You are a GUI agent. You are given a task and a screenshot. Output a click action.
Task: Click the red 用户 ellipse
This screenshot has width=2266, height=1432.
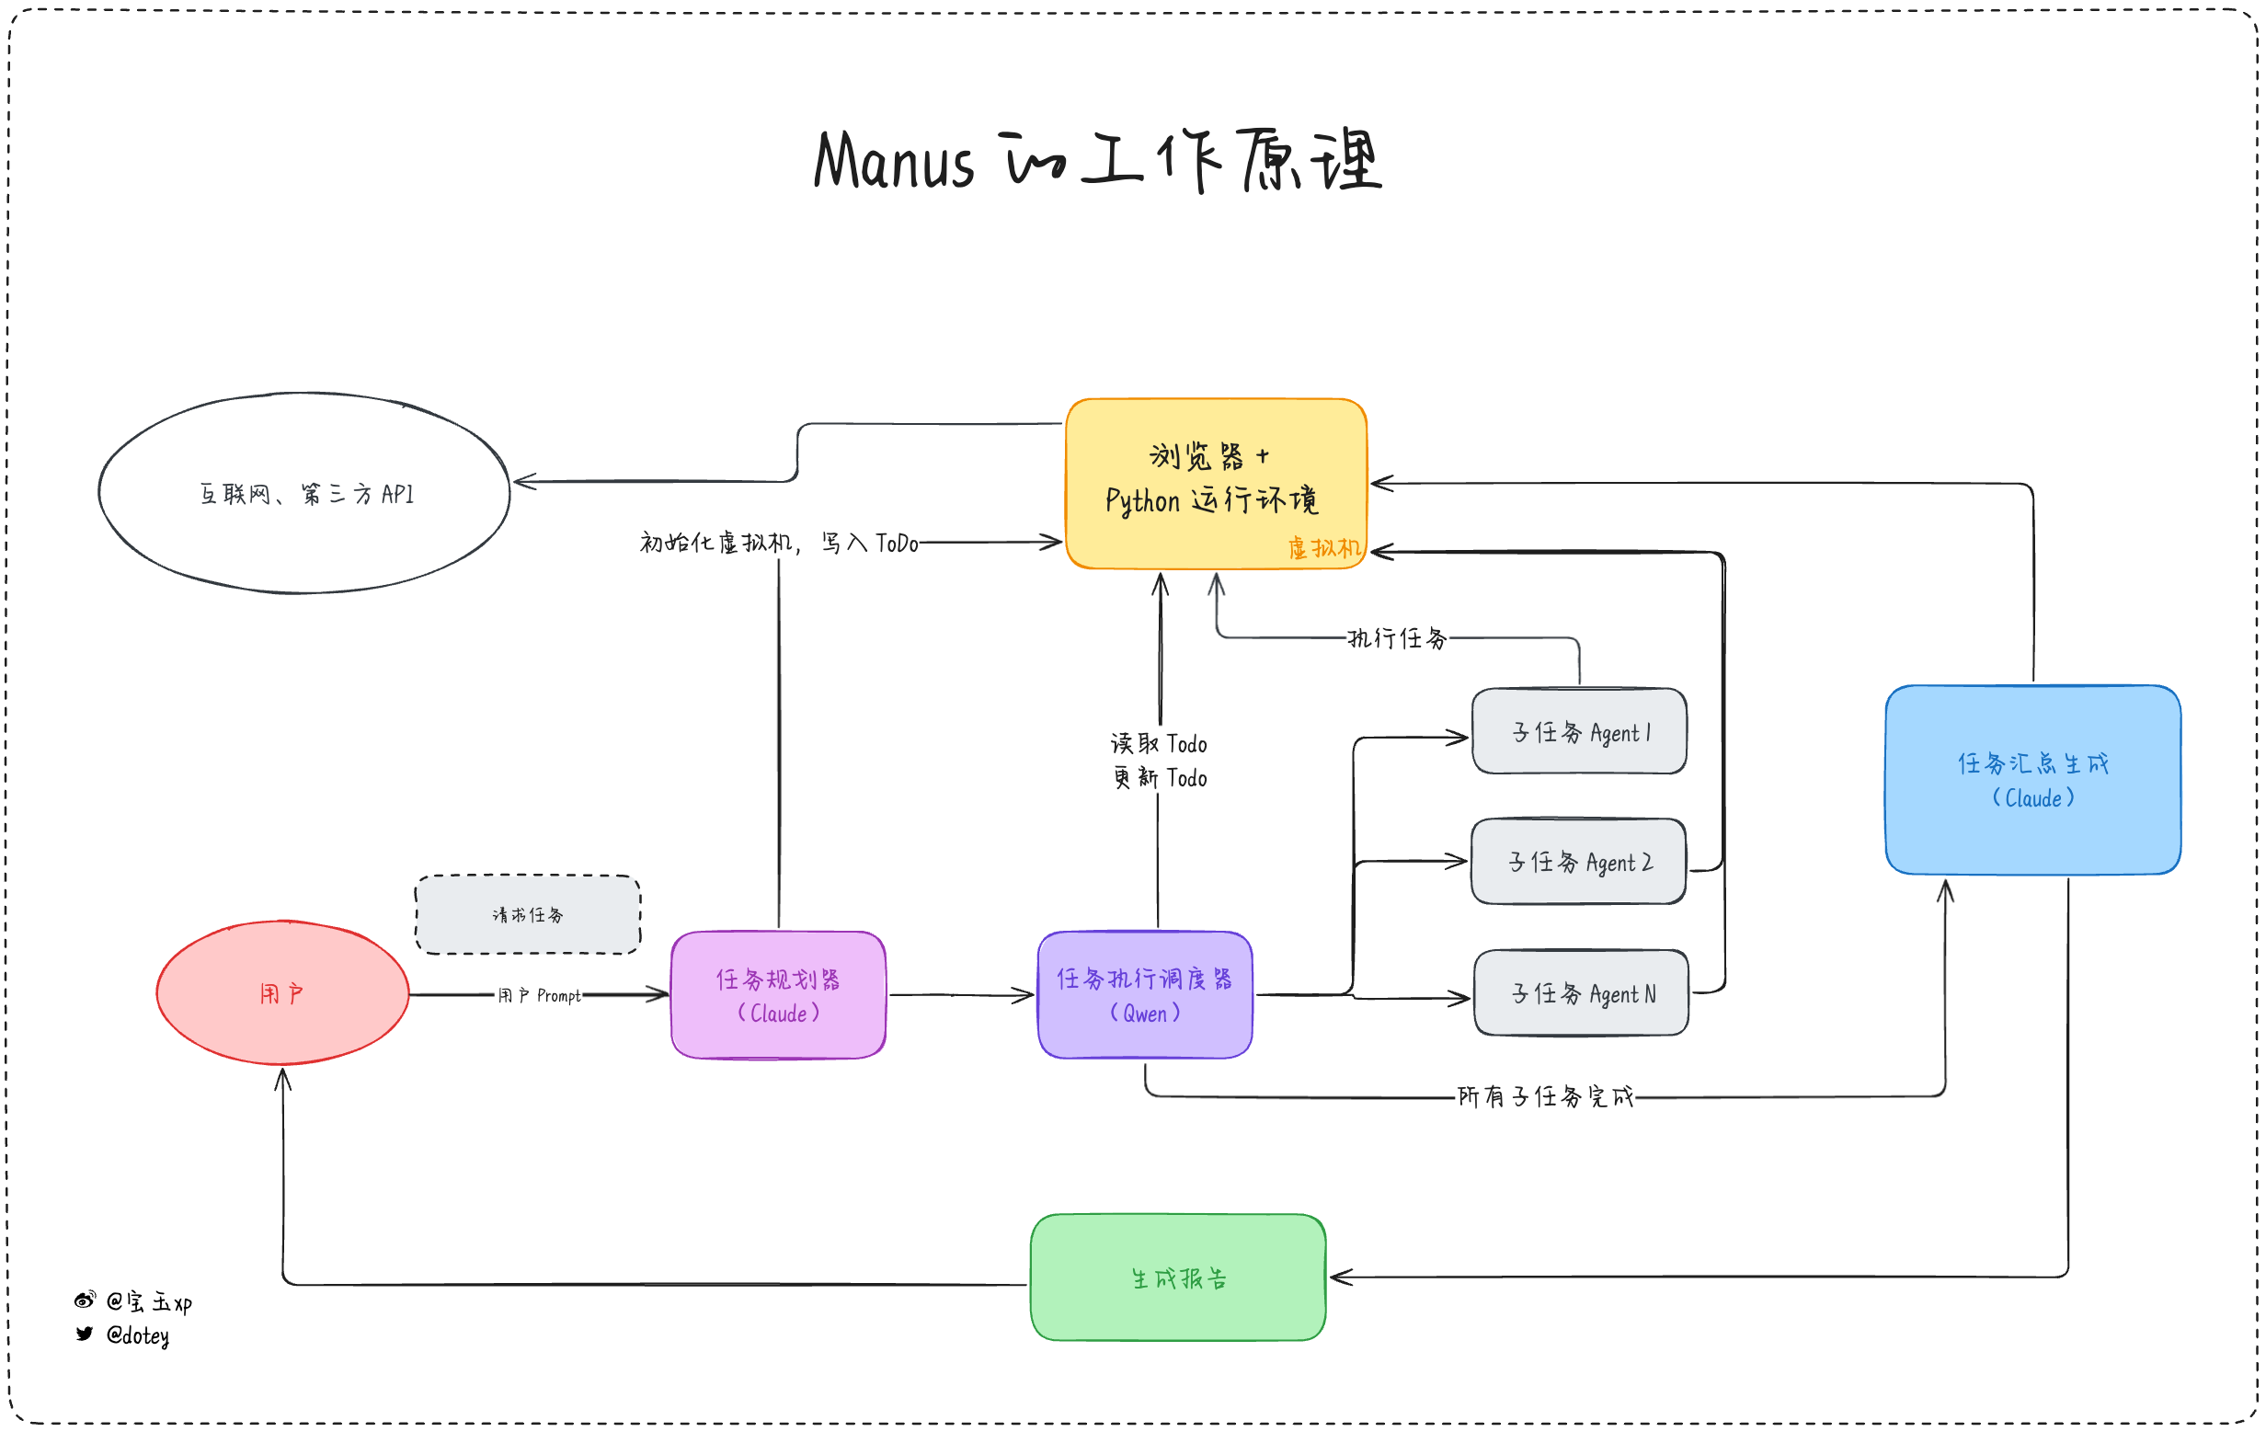(x=282, y=992)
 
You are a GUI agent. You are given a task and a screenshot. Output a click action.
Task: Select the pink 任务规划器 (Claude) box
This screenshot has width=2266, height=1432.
(x=778, y=994)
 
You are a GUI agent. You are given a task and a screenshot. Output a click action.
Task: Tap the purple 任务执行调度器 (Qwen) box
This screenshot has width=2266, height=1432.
(x=1144, y=994)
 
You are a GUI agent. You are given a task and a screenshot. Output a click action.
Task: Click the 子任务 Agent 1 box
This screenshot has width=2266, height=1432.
(x=1579, y=732)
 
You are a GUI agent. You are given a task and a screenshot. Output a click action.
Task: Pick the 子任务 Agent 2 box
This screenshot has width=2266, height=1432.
(x=1578, y=862)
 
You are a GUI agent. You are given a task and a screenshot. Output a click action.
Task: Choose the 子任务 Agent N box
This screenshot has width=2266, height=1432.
(x=1581, y=992)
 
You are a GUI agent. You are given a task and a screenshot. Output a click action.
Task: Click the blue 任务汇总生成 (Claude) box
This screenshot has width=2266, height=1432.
(x=2032, y=780)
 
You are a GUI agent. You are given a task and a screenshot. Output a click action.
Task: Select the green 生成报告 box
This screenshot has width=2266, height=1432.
(x=1178, y=1277)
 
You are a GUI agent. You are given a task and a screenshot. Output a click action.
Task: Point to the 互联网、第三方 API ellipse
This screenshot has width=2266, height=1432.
(x=305, y=493)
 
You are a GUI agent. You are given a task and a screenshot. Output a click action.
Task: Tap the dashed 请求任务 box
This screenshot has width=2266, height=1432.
(x=528, y=914)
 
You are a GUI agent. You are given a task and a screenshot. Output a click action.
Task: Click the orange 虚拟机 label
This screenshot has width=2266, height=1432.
(x=1324, y=547)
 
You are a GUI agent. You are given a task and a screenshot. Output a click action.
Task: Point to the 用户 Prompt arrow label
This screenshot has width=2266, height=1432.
(x=539, y=995)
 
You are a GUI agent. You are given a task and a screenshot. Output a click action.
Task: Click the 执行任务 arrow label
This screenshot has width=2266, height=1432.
(x=1398, y=639)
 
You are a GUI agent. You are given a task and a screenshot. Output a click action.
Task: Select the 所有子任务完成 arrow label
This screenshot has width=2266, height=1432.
(x=1545, y=1096)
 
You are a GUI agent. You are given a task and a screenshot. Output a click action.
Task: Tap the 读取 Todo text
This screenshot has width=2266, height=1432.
(x=1159, y=743)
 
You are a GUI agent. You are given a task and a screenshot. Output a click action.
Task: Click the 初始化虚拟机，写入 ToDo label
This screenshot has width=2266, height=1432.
(x=778, y=543)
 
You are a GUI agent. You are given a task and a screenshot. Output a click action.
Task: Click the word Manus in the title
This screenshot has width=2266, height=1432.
(x=893, y=162)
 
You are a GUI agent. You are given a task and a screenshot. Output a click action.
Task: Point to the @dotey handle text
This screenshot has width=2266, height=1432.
(x=137, y=1335)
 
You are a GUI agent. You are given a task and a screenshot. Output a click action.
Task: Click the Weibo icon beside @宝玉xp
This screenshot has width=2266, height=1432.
(x=85, y=1300)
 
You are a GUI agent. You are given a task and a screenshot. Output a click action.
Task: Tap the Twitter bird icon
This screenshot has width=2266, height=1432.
(x=85, y=1334)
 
